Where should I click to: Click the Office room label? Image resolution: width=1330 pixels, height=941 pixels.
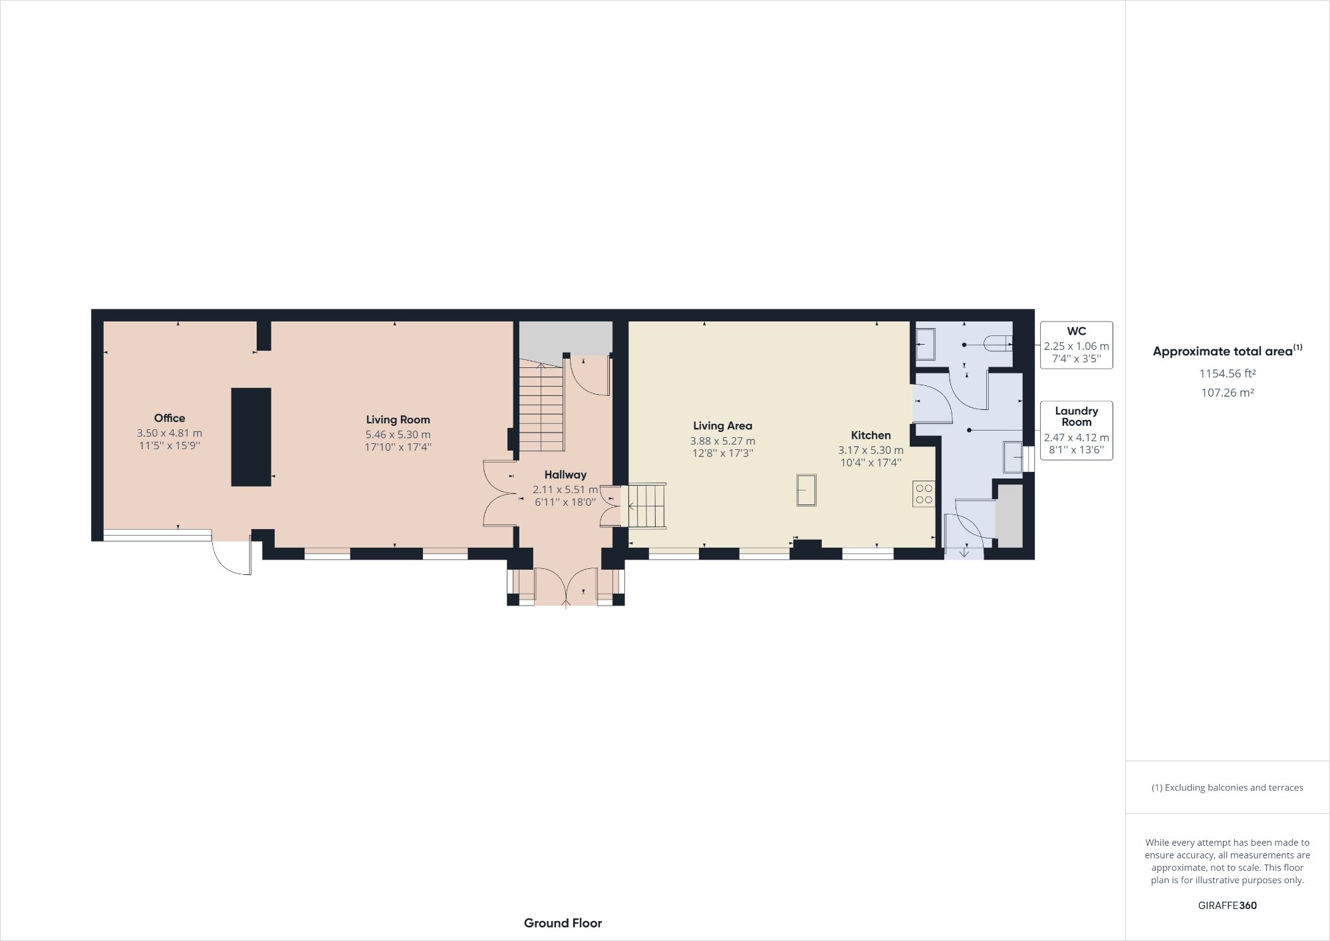pos(169,418)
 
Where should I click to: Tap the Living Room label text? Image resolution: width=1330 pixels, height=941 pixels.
pos(398,419)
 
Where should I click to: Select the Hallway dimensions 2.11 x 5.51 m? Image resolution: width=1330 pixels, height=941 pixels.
pos(565,489)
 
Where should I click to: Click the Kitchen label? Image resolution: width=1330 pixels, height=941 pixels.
pos(870,435)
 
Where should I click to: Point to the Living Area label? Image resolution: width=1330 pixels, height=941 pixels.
pos(722,426)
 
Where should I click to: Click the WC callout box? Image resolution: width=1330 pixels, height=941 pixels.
pos(1076,345)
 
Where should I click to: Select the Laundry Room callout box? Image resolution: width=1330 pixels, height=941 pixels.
pos(1076,430)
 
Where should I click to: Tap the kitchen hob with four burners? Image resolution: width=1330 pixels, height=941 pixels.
pos(924,494)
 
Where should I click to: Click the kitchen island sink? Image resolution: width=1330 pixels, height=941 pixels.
pos(806,490)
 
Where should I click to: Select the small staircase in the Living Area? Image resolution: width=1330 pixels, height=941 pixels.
pos(647,506)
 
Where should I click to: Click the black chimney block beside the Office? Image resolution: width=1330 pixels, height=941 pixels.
pos(251,437)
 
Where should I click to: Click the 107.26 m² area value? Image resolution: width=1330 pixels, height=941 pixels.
pos(1227,393)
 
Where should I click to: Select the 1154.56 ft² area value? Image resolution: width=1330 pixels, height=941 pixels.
pos(1227,373)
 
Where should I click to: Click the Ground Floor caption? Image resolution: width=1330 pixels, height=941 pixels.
pos(563,923)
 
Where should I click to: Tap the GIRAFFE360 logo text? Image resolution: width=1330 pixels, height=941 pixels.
pos(1227,905)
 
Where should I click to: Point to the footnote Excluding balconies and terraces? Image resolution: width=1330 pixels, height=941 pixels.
pos(1227,787)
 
